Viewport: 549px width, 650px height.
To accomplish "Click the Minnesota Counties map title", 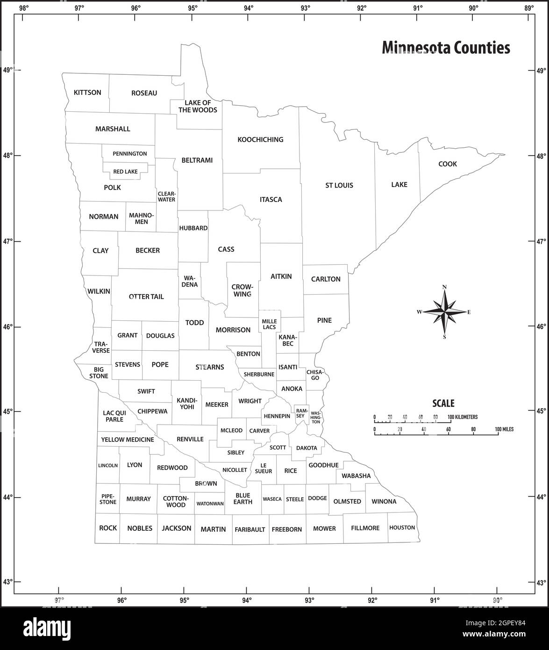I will click(x=446, y=48).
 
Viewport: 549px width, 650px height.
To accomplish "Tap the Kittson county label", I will click(x=87, y=93).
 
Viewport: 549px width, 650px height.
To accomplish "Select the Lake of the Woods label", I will click(x=198, y=106).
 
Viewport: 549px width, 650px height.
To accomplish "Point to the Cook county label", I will click(x=447, y=164).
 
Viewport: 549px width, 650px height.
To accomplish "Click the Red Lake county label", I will click(x=125, y=172).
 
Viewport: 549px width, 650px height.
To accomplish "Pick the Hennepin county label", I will click(x=277, y=416).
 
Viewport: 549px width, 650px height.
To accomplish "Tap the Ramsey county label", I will click(x=300, y=412).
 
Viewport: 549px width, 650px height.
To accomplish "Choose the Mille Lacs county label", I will click(x=269, y=324).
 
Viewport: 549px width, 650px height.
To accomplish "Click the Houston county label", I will click(x=402, y=527).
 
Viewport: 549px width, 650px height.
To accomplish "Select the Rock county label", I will click(x=108, y=528).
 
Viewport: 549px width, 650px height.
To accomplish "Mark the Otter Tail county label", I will click(x=146, y=296).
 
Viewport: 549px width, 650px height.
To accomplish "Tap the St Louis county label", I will click(x=339, y=185).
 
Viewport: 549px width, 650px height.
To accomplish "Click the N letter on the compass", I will click(x=444, y=287).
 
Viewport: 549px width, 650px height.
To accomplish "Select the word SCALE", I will click(x=443, y=404).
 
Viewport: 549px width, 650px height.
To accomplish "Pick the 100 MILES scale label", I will click(x=504, y=429).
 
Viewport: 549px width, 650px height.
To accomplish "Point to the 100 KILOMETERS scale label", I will click(x=463, y=417).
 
